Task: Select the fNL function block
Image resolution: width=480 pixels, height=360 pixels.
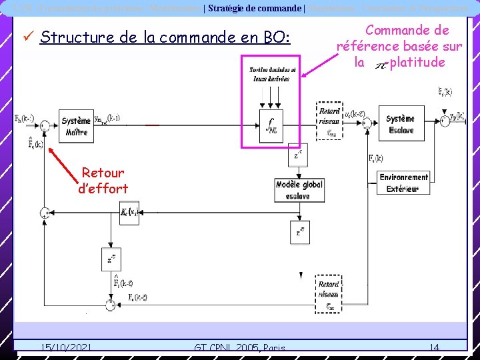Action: coord(272,126)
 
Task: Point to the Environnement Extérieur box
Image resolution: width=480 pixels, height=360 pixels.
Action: coord(404,183)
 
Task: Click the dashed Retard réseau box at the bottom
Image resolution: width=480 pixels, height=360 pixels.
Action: coord(329,293)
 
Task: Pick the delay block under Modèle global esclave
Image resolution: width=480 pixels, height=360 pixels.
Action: coord(300,231)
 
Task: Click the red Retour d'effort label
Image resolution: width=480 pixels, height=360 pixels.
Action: coord(103,181)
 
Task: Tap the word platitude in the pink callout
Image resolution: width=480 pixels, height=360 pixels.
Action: coord(417,63)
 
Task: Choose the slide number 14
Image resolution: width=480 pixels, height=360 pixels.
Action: coord(434,347)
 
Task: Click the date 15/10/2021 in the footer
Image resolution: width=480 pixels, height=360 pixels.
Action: coord(66,347)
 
